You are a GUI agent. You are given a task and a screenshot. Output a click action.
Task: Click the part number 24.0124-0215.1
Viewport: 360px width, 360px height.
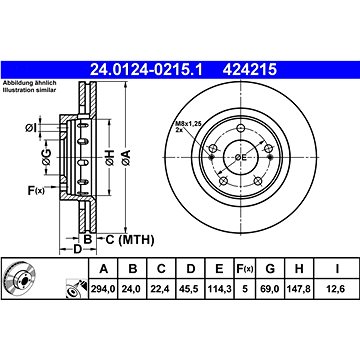pyautogui.click(x=146, y=70)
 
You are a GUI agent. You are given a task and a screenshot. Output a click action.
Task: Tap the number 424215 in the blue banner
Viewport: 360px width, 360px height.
pyautogui.click(x=250, y=70)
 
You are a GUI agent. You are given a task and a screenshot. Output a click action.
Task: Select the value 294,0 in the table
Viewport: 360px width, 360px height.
pyautogui.click(x=103, y=289)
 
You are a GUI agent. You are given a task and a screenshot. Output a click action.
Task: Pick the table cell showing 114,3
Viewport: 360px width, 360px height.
pyautogui.click(x=219, y=289)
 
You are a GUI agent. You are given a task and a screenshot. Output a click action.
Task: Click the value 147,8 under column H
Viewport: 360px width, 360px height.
pyautogui.click(x=299, y=289)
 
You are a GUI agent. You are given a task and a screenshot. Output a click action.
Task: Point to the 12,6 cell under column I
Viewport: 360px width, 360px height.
pyautogui.click(x=337, y=289)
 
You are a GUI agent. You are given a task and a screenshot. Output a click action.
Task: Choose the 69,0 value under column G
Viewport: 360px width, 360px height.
pyautogui.click(x=270, y=289)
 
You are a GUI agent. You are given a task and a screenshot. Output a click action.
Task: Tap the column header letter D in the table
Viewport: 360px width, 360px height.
pyautogui.click(x=191, y=269)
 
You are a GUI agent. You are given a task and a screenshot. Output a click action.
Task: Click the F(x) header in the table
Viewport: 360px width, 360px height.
pyautogui.click(x=245, y=269)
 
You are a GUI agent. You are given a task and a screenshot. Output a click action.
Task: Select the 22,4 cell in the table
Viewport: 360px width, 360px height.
pyautogui.click(x=161, y=289)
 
